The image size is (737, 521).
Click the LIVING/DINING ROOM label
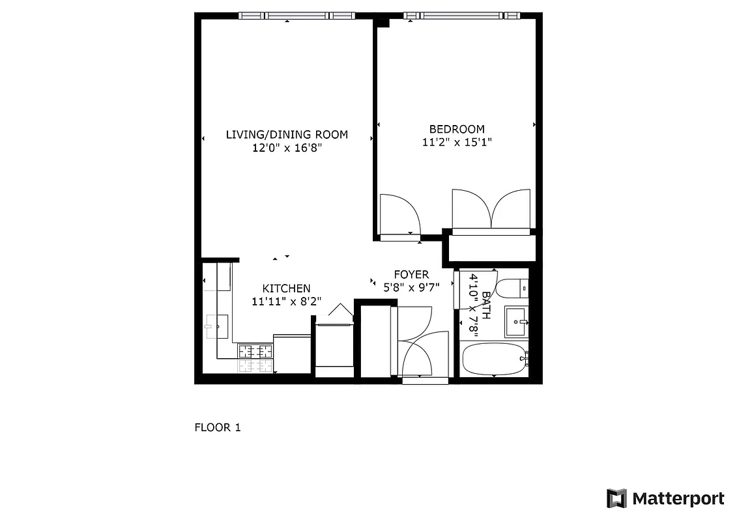(x=287, y=135)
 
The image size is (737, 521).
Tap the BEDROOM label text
(x=457, y=129)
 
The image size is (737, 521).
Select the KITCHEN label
(x=286, y=289)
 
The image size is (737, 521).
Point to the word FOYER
(x=411, y=275)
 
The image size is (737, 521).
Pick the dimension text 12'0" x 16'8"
(x=287, y=148)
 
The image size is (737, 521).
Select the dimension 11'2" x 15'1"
(x=457, y=142)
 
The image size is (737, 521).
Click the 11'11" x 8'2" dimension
(x=286, y=302)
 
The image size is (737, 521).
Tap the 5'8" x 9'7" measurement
(x=411, y=287)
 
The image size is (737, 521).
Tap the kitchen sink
(x=216, y=325)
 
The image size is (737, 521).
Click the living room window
(x=296, y=16)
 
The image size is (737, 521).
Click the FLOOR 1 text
(x=218, y=428)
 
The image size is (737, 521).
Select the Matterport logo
(x=665, y=499)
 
